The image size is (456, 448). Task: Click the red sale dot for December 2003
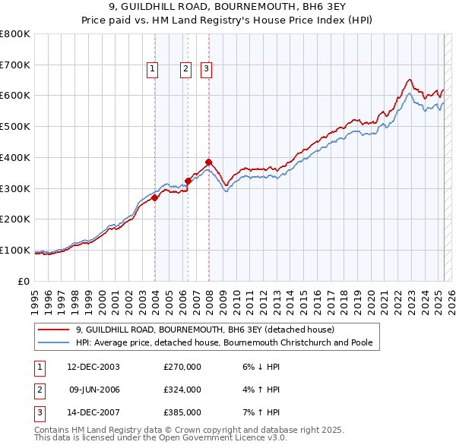click(x=155, y=197)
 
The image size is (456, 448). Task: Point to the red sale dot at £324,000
click(x=188, y=181)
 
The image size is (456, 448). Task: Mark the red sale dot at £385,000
click(x=208, y=162)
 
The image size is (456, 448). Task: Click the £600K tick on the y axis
click(x=15, y=96)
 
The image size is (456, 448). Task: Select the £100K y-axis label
click(x=15, y=250)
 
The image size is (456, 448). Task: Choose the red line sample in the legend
click(x=54, y=330)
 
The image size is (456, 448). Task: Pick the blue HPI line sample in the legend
click(x=54, y=343)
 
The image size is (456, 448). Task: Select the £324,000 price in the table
click(x=182, y=390)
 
